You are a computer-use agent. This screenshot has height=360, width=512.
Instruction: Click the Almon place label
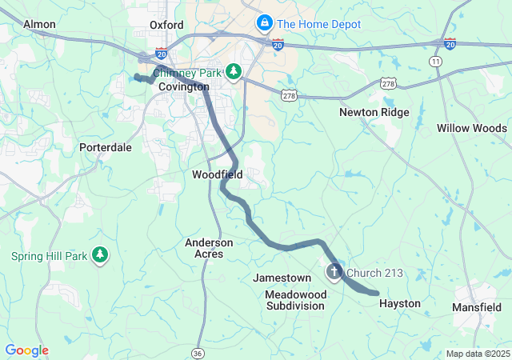(x=39, y=25)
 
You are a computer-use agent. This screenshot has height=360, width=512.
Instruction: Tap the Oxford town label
(x=167, y=25)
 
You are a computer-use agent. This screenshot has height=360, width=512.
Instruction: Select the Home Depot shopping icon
(x=263, y=24)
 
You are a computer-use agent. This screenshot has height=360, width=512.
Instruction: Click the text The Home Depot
(x=318, y=25)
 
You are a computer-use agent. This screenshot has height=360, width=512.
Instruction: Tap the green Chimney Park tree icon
(x=233, y=73)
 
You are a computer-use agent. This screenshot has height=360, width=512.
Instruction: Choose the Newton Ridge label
(x=374, y=113)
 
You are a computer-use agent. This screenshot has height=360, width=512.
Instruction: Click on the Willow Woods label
(x=471, y=128)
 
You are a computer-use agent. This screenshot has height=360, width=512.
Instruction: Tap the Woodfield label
(x=217, y=174)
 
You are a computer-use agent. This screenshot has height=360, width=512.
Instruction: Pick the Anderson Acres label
(x=209, y=248)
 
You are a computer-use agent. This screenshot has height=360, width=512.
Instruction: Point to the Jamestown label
(x=282, y=278)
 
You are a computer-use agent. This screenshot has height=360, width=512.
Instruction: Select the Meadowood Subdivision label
(x=296, y=300)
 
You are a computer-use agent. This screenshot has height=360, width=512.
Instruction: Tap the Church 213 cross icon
(x=334, y=274)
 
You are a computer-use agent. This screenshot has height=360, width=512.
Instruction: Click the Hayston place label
(x=399, y=304)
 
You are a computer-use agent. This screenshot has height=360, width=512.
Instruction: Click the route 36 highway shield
(x=198, y=352)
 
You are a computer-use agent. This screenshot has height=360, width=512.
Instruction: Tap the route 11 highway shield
(x=435, y=61)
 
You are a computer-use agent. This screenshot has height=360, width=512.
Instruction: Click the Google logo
(x=26, y=350)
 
